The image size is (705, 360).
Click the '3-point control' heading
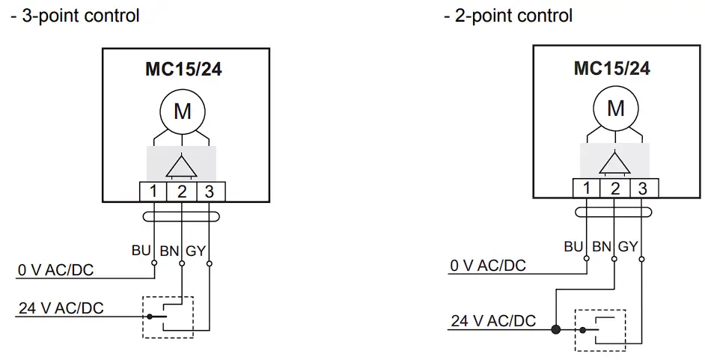pos(75,15)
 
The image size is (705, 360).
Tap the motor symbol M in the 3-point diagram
pos(182,112)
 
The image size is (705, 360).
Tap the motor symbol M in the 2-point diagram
pos(615,109)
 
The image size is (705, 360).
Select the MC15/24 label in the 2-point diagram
pos(611,68)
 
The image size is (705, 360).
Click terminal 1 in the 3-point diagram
pos(153,192)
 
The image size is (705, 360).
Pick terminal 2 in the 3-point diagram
pos(182,192)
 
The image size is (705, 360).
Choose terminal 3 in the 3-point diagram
pos(210,192)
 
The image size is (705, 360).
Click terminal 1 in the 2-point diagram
pos(587,188)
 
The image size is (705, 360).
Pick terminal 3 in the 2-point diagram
pos(642,188)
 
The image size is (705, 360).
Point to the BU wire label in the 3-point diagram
pos(141,251)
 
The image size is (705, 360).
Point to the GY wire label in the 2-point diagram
pos(628,246)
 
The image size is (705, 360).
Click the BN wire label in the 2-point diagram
pos(601,246)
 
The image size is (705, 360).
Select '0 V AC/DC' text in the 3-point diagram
pos(56,270)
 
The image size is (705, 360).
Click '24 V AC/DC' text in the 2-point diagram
pos(493,321)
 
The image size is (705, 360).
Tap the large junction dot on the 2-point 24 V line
pos(555,329)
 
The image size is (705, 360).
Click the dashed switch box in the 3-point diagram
pos(168,317)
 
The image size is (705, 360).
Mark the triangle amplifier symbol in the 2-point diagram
pos(615,162)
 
